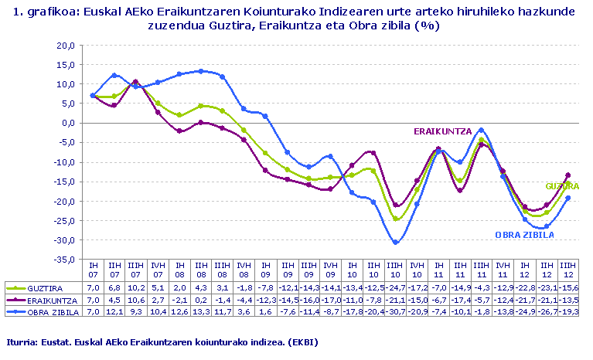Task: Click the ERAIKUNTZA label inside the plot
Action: (x=442, y=131)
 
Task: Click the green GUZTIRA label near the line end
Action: (x=562, y=186)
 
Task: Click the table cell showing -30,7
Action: (x=396, y=311)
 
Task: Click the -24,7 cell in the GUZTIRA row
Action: (x=396, y=287)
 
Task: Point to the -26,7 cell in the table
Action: (x=547, y=311)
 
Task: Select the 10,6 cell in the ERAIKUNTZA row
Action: (x=136, y=299)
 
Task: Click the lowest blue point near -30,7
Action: (x=396, y=242)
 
